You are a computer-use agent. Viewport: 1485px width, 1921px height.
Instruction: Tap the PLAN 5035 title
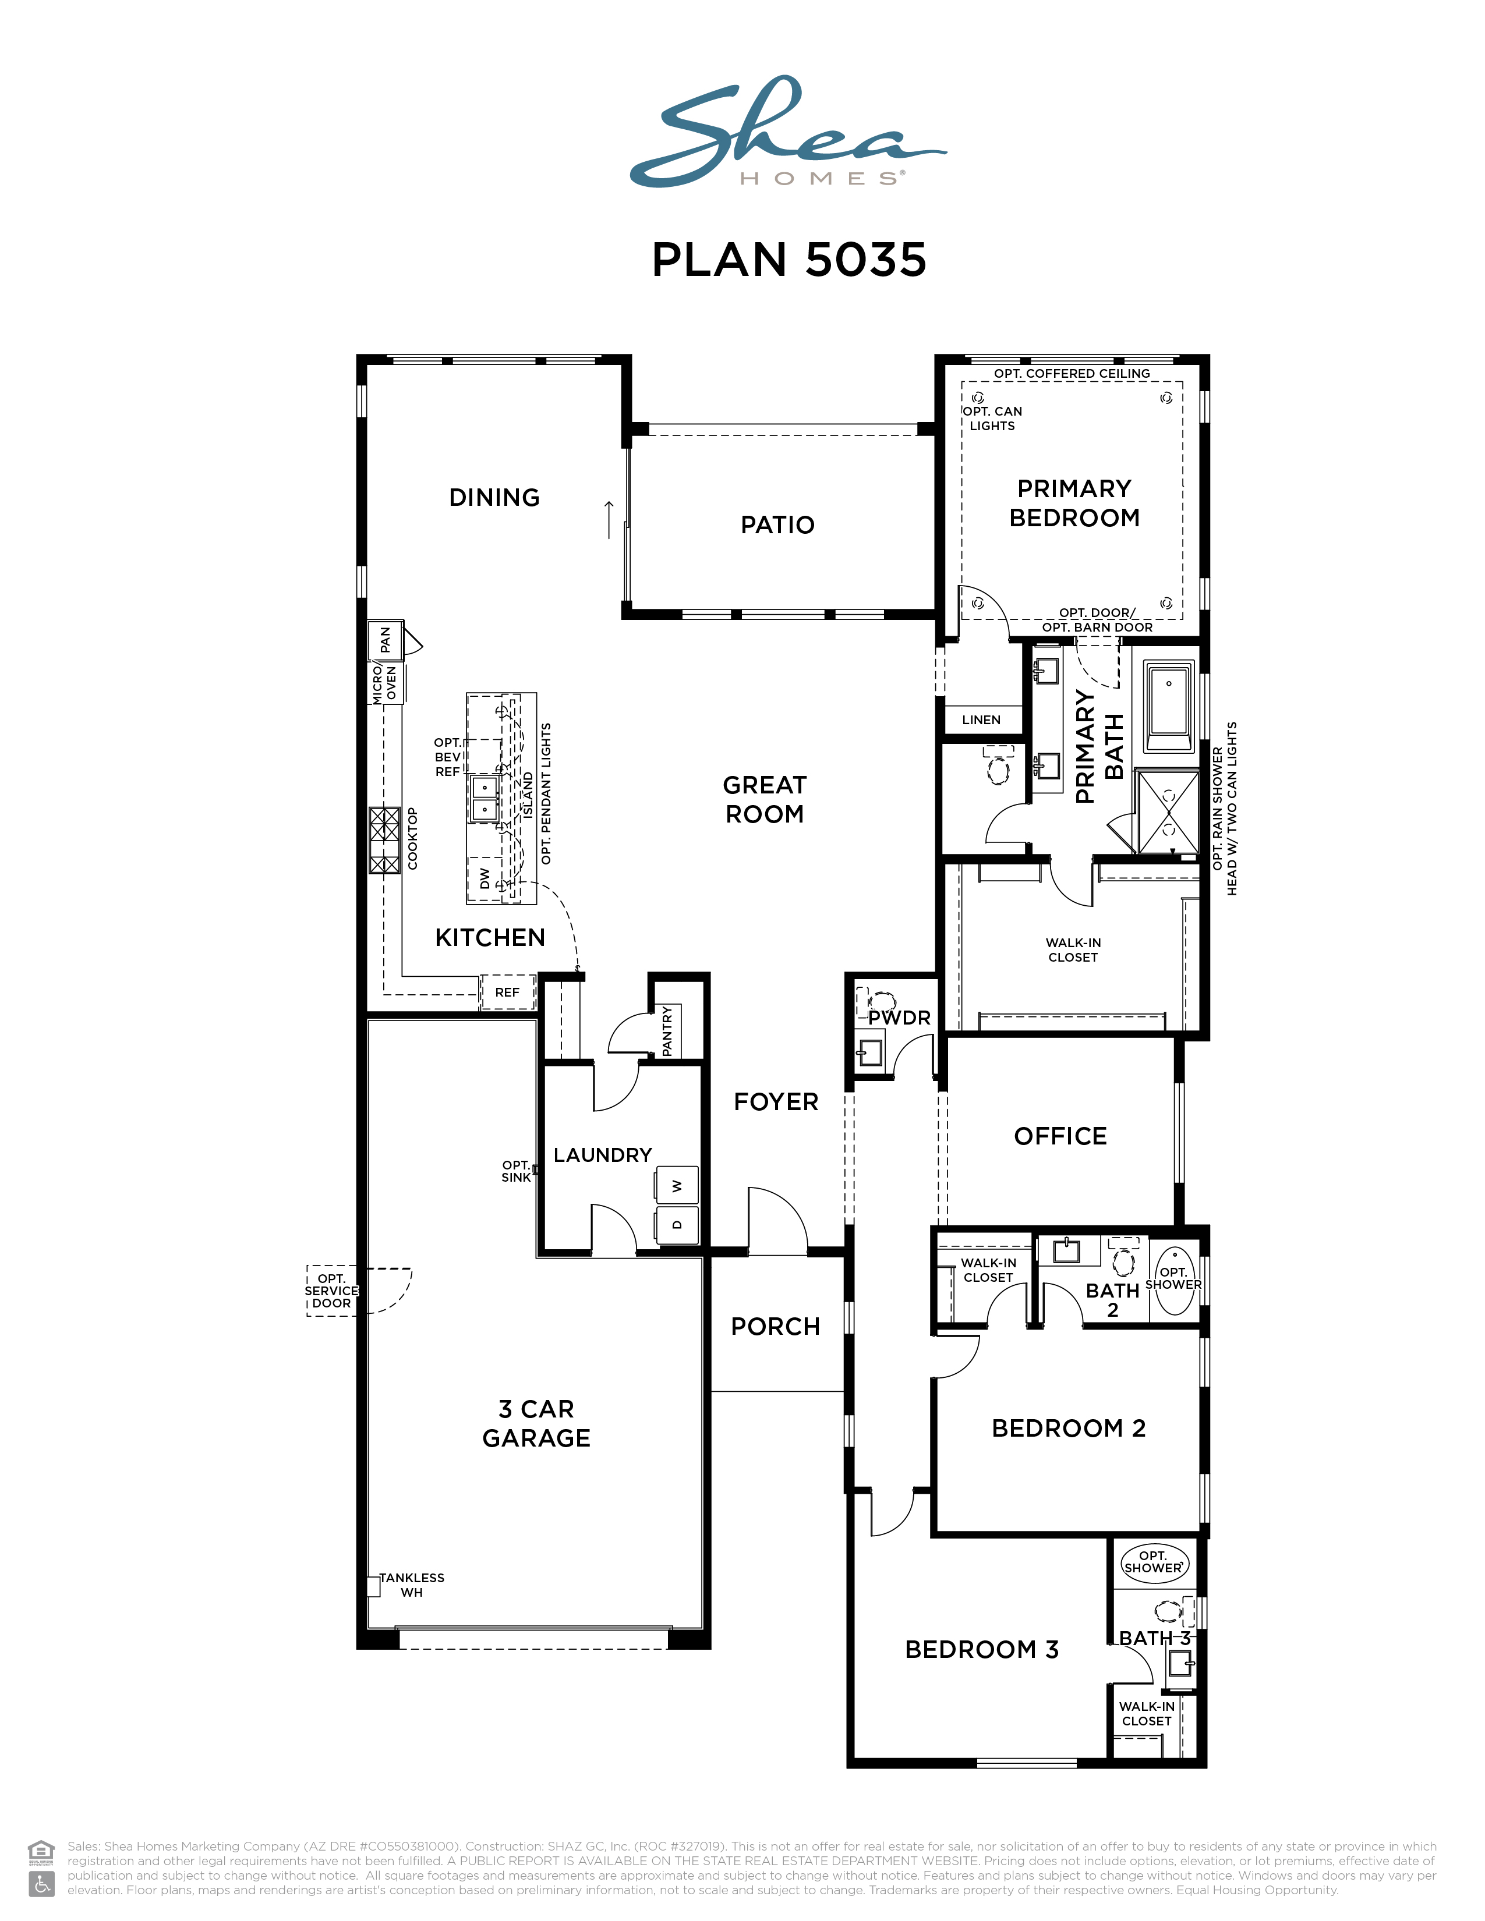coord(789,260)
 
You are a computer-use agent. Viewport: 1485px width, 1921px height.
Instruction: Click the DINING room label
coord(494,498)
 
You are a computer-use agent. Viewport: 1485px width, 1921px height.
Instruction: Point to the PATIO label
coord(777,525)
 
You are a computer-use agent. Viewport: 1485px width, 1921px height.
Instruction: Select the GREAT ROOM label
coord(765,799)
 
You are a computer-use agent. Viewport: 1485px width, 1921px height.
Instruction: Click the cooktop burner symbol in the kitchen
coord(384,840)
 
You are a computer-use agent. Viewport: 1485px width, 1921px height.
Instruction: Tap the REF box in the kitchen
coord(508,992)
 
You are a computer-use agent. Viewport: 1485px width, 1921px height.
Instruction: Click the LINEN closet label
coord(982,720)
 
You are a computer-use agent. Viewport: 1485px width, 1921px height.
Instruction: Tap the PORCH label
coord(776,1327)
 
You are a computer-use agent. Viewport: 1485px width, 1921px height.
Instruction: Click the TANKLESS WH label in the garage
coord(412,1585)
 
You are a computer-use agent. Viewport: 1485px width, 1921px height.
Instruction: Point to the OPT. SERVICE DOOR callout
coord(332,1291)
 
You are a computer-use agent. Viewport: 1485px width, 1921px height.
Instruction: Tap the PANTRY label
coord(667,1031)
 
